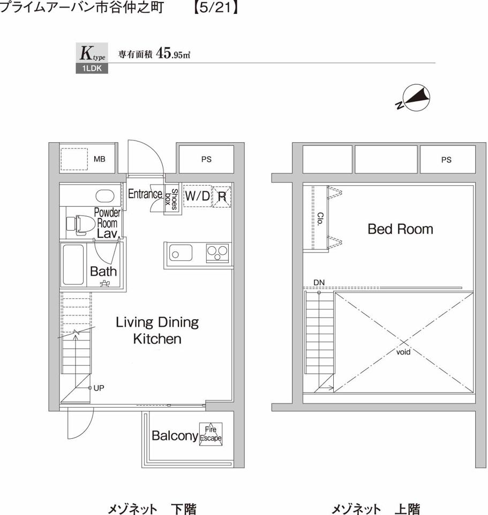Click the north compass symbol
click(414, 98)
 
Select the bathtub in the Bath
click(73, 264)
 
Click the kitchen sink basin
click(181, 253)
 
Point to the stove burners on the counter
click(217, 253)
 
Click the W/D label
click(198, 196)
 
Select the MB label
click(100, 159)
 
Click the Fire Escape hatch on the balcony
click(211, 434)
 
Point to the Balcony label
click(175, 436)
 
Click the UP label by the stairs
click(99, 388)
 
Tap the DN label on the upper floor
click(319, 283)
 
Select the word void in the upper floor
click(403, 352)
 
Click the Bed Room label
click(401, 229)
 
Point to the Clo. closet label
click(320, 219)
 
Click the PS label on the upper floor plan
click(446, 160)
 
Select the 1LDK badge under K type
click(92, 68)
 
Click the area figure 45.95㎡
click(174, 53)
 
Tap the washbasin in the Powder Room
click(105, 196)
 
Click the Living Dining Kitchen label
click(157, 330)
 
